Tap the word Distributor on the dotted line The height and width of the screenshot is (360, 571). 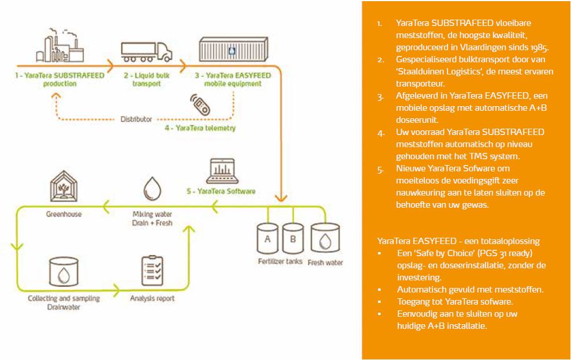point(136,119)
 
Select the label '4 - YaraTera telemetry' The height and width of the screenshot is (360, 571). point(200,128)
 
